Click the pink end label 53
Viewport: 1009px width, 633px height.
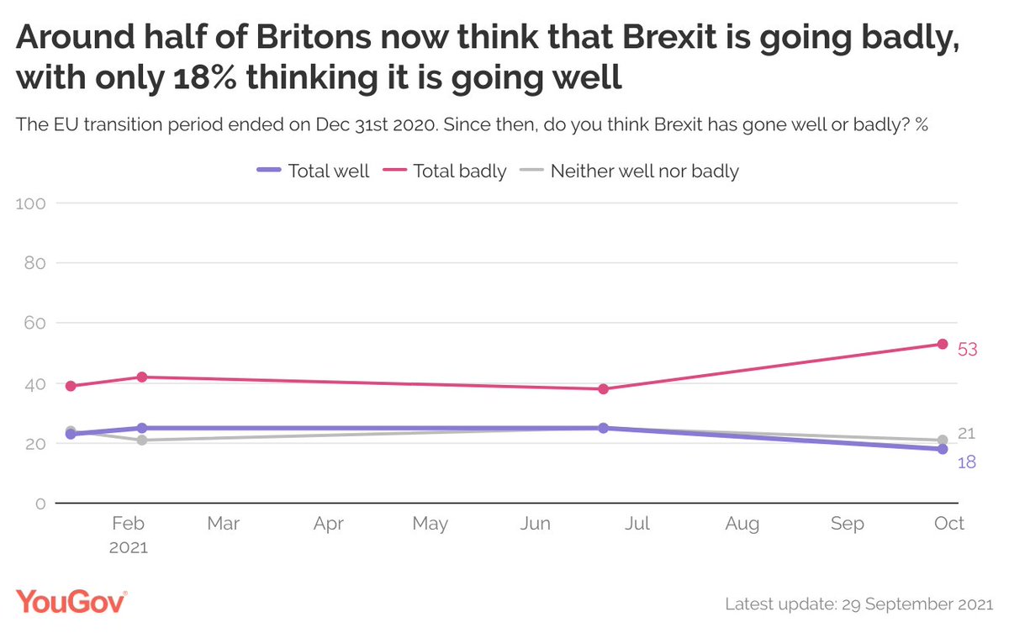(x=967, y=349)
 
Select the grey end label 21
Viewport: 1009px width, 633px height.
(x=966, y=434)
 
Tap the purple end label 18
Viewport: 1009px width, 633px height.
(x=966, y=462)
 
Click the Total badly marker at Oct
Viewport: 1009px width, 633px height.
(x=943, y=344)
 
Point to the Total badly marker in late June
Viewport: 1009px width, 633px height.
(x=603, y=388)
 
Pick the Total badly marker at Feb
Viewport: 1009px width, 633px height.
(x=142, y=377)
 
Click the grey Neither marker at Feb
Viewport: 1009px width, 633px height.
(x=142, y=440)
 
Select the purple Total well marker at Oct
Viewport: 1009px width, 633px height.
(x=943, y=449)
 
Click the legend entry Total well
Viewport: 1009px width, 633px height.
(x=328, y=171)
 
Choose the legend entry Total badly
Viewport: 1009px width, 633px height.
(x=459, y=171)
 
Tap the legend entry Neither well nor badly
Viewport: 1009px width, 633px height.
(x=644, y=171)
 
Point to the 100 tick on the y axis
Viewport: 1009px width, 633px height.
(x=38, y=203)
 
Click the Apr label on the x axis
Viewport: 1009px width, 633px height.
(x=328, y=524)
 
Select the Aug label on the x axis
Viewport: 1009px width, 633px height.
(x=742, y=524)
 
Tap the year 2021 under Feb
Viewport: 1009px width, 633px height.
(x=128, y=547)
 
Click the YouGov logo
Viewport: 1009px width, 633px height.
(x=71, y=602)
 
